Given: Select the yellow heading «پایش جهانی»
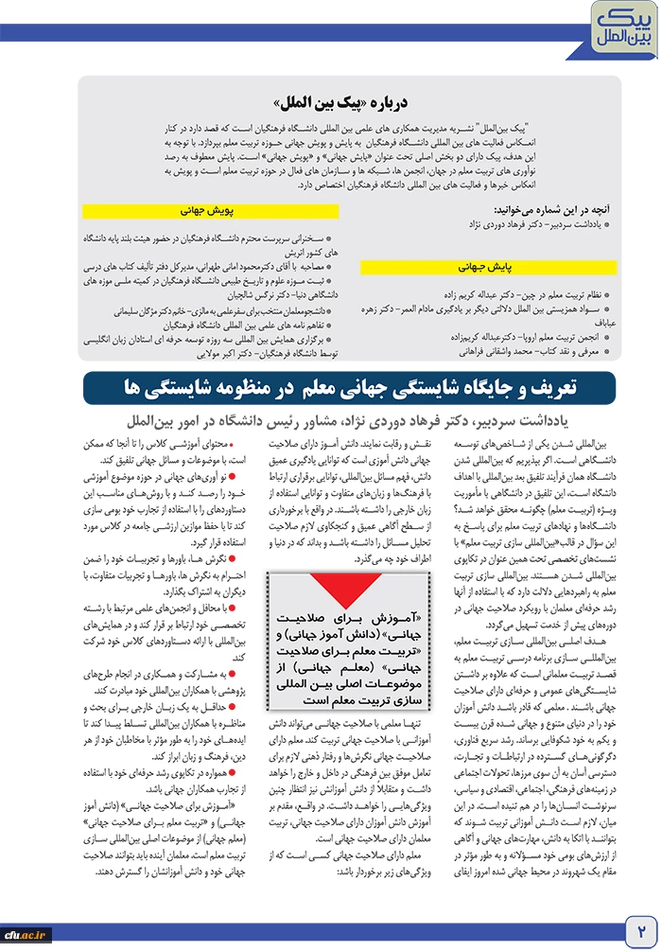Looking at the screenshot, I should [488, 268].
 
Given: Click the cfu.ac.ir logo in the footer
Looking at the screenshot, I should [26, 934].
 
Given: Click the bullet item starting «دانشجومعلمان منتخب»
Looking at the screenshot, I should [218, 309].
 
